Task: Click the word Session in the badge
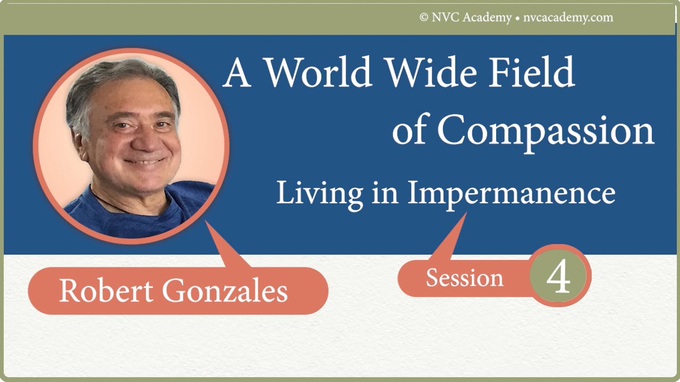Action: click(x=464, y=278)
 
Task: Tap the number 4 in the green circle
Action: click(x=558, y=277)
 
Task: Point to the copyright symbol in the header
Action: click(x=424, y=18)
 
